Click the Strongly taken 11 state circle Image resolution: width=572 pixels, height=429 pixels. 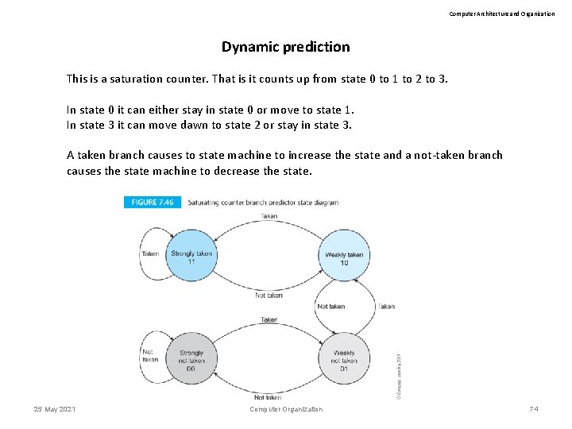point(191,256)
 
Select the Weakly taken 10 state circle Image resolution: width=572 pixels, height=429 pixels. point(343,257)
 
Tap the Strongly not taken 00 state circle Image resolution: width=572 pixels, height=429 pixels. point(191,359)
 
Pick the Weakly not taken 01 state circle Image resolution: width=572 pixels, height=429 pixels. point(343,359)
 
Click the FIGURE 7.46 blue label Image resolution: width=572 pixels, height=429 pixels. point(153,202)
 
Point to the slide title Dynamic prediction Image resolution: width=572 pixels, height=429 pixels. point(285,47)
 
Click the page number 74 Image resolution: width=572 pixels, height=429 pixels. point(533,408)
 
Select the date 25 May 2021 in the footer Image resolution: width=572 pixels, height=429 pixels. point(55,408)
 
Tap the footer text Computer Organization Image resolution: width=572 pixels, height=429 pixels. point(286,409)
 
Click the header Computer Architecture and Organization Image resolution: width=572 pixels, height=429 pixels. point(502,14)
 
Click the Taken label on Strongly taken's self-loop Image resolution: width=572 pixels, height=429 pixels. point(149,254)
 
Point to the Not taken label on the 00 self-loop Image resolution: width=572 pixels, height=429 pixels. point(149,354)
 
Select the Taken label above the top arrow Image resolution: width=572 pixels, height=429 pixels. point(269,216)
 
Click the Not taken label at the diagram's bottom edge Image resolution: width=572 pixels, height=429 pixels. point(268,397)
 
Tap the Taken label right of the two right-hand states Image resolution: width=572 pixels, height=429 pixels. point(386,306)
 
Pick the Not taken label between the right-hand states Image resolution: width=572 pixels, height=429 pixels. point(330,306)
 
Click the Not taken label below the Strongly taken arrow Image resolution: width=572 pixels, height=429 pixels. point(269,295)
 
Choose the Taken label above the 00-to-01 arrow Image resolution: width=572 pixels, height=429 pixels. point(269,319)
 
